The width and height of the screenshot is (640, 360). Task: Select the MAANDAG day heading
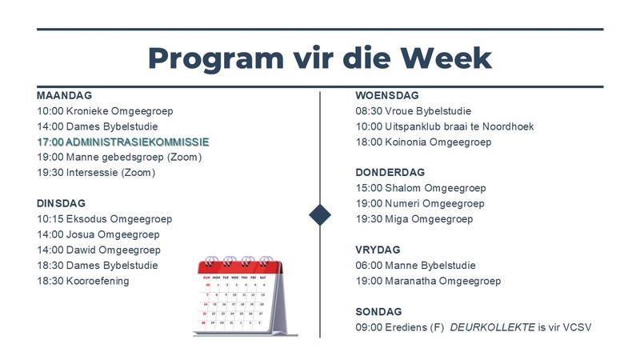pos(65,95)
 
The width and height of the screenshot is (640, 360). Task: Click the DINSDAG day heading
pos(62,203)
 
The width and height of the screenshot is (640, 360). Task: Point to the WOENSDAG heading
pos(387,95)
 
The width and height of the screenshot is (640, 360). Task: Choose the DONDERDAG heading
pos(390,172)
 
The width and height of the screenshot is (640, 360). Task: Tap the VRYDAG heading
pos(378,250)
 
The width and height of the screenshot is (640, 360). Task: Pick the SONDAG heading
pos(378,312)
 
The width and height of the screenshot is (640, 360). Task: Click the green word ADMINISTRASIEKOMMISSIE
pos(137,142)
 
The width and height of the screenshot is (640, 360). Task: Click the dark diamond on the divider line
pos(320,214)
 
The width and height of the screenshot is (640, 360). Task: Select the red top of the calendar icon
pos(240,267)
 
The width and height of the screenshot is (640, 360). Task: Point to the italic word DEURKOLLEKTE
pos(492,327)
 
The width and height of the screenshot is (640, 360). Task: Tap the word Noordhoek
pos(508,126)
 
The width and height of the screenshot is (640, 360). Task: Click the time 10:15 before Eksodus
pos(50,219)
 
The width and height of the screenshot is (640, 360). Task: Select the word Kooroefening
pos(98,282)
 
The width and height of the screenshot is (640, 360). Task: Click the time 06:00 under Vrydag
pos(369,266)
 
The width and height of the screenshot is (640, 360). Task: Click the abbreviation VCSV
pos(577,327)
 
